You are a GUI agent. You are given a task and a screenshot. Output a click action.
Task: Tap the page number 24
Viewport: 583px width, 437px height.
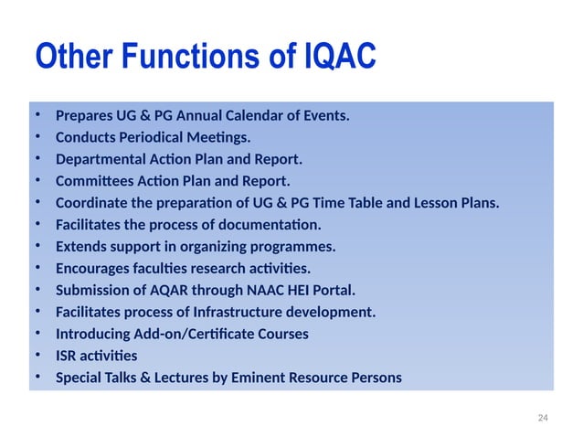[x=543, y=417]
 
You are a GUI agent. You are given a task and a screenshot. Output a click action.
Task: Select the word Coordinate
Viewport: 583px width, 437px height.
[x=92, y=203]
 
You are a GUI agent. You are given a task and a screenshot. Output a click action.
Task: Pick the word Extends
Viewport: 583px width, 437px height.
[x=79, y=247]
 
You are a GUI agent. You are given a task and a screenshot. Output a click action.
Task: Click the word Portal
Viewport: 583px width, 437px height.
[x=332, y=291]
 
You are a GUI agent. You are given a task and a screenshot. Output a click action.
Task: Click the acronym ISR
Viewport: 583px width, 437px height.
[x=67, y=356]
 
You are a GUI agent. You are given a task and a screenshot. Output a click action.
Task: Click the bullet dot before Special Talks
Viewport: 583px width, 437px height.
[x=38, y=378]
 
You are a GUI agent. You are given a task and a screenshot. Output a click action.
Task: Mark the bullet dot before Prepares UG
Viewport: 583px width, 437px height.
[x=38, y=116]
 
